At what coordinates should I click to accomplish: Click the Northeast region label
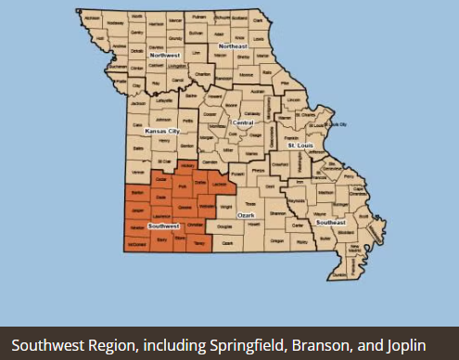(x=234, y=45)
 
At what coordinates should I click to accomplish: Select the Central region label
(x=242, y=122)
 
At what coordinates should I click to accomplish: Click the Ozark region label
(x=247, y=214)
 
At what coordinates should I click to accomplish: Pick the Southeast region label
(x=331, y=223)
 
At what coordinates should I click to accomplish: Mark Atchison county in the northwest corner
(x=90, y=18)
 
